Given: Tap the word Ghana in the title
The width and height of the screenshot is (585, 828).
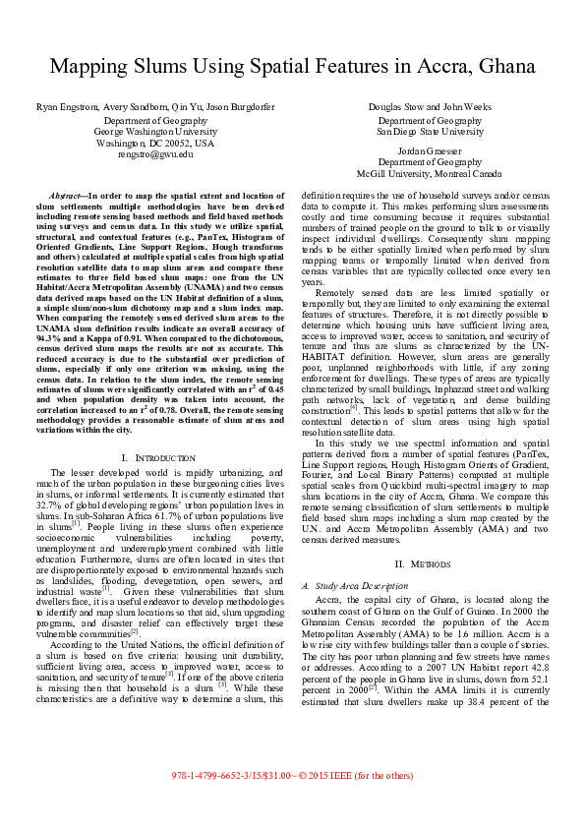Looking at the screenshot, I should [x=500, y=67].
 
